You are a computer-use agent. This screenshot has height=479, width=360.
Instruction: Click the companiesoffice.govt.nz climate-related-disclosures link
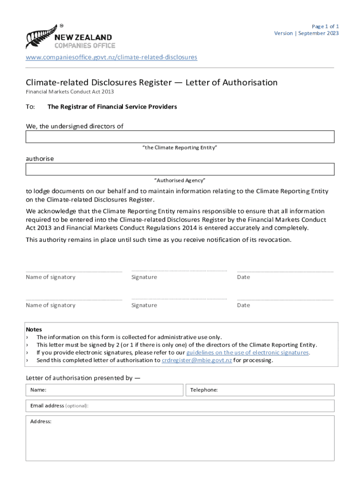click(x=111, y=57)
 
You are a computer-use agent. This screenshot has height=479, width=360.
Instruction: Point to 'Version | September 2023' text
click(x=306, y=33)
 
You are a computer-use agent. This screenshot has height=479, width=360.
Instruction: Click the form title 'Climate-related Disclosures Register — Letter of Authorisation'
click(x=151, y=83)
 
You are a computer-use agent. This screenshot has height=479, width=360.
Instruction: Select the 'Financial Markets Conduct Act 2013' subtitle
click(x=70, y=92)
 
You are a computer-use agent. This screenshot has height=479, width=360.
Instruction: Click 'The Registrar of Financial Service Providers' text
click(x=112, y=107)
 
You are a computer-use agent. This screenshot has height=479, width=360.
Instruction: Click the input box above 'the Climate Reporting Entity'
click(x=180, y=137)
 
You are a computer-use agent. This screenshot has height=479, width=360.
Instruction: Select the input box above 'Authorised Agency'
click(x=180, y=169)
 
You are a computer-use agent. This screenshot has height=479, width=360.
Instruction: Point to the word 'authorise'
click(x=40, y=159)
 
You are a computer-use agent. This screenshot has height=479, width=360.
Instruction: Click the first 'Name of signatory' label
click(x=50, y=277)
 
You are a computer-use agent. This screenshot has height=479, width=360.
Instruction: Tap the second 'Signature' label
click(x=144, y=305)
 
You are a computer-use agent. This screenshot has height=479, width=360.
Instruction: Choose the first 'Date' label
click(x=244, y=277)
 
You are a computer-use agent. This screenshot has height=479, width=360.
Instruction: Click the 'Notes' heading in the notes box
click(x=34, y=329)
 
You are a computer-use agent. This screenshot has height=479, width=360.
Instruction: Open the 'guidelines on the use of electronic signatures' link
click(x=247, y=352)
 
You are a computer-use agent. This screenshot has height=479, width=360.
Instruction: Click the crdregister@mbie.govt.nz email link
click(x=196, y=360)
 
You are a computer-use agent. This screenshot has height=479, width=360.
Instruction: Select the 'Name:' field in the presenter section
click(x=104, y=390)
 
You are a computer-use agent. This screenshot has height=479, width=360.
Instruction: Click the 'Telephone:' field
click(x=260, y=390)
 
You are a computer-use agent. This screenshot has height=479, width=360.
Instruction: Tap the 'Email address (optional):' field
click(x=180, y=406)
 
